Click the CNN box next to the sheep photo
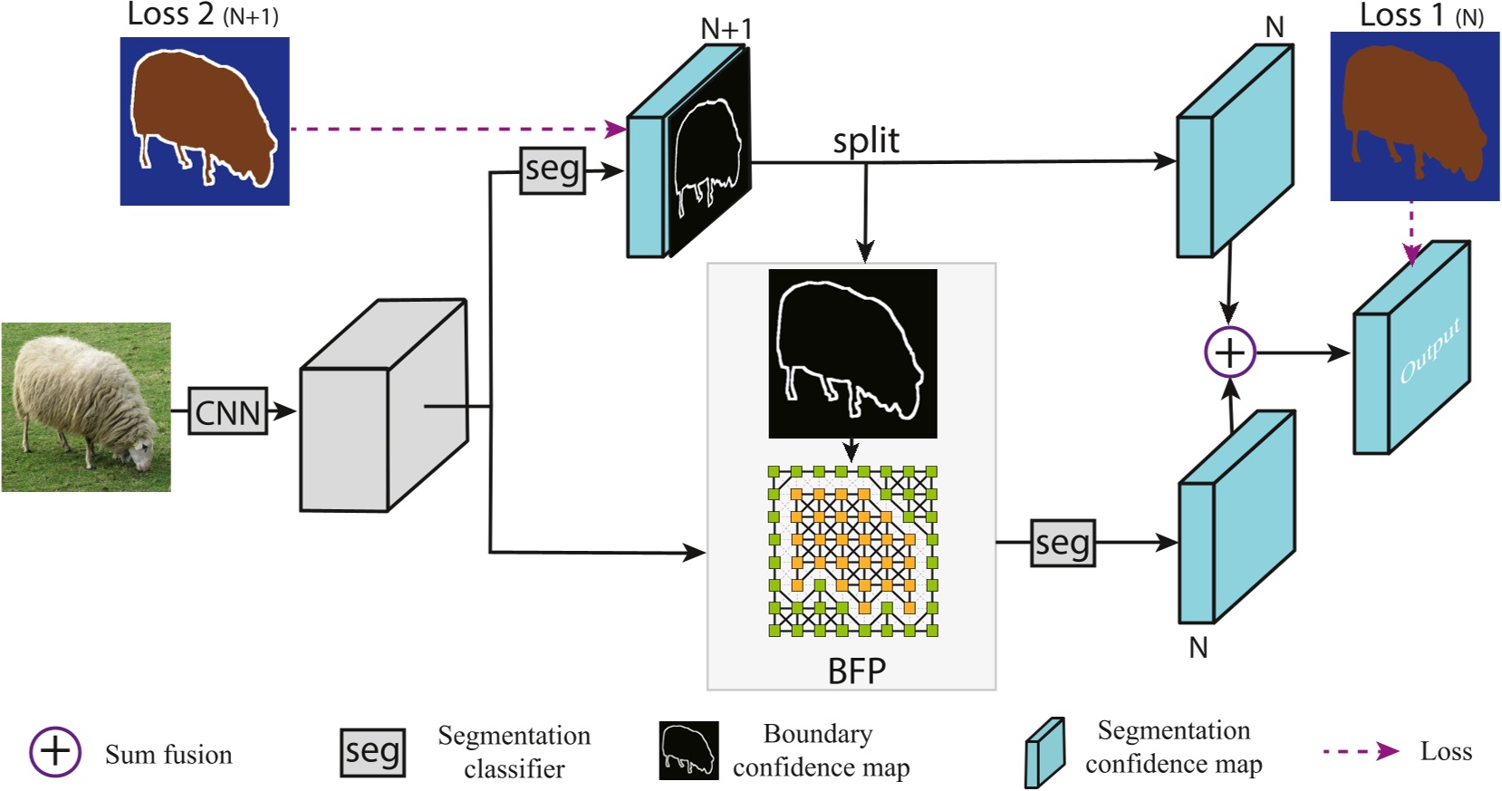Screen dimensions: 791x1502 (x=227, y=412)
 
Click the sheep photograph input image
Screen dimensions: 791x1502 (x=86, y=407)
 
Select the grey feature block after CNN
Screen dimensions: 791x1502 (x=383, y=407)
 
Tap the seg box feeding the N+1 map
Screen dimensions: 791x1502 (x=552, y=169)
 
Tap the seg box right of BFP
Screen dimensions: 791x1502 (x=1063, y=543)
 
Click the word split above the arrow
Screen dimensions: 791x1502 (x=865, y=141)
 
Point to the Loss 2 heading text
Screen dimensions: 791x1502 (x=202, y=15)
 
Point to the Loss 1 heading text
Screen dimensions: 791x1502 (x=1420, y=15)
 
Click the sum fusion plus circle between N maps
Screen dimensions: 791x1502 (x=1229, y=352)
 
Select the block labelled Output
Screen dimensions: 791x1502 (x=1411, y=349)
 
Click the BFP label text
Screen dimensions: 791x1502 (x=856, y=671)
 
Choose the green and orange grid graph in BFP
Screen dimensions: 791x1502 (x=852, y=550)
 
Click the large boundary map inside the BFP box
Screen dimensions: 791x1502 (x=852, y=353)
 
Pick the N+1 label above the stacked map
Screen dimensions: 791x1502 (x=727, y=29)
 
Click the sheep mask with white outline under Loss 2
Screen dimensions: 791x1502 (x=205, y=121)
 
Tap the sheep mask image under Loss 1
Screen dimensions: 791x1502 (x=1414, y=116)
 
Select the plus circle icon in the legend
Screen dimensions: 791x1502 (x=55, y=751)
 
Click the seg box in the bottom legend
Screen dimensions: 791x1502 (x=372, y=752)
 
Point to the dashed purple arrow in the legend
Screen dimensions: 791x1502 (x=1361, y=751)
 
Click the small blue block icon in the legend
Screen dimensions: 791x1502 (x=1045, y=753)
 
